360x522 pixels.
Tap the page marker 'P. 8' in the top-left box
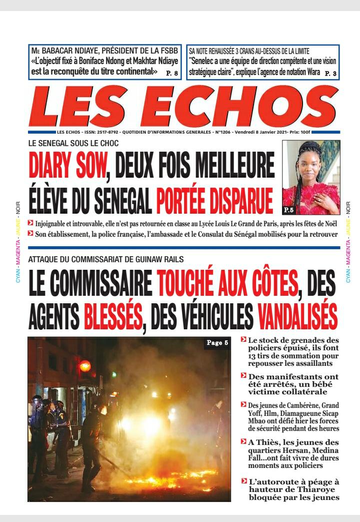171,73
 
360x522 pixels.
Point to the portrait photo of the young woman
310,178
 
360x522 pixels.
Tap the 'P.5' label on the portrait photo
290,209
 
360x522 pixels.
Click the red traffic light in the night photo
85,366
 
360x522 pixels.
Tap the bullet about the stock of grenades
293,352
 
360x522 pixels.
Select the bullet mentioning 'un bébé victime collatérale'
293,384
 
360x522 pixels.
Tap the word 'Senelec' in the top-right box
202,61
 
